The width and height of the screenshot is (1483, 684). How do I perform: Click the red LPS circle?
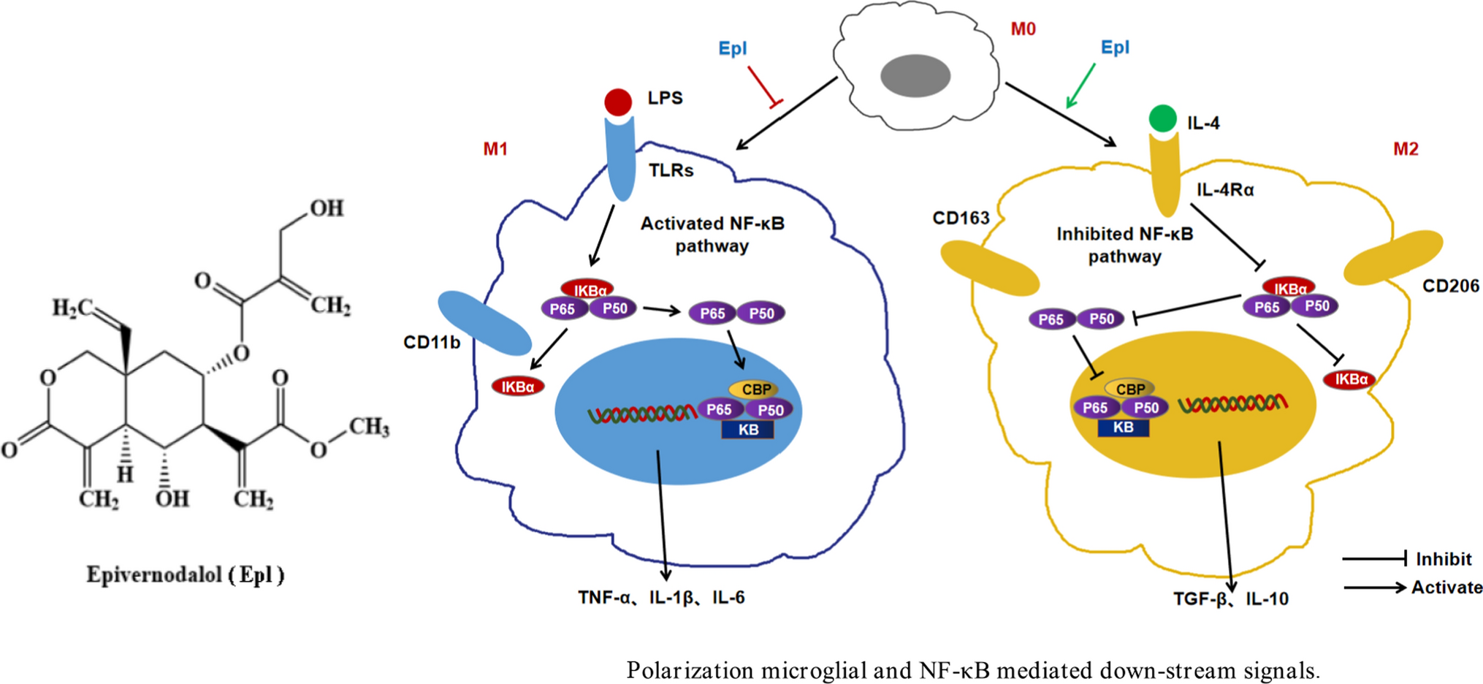tap(618, 102)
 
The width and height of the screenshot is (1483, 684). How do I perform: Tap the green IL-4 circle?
tap(1162, 118)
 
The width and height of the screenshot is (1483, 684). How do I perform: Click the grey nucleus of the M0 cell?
tap(915, 76)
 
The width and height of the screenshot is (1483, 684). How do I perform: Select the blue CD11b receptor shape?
tap(484, 323)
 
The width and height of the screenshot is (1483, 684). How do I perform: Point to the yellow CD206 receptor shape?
tap(1393, 257)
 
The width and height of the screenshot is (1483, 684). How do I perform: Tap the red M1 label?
tap(495, 149)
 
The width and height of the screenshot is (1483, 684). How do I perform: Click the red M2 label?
tap(1406, 149)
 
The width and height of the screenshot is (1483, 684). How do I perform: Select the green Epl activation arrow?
tap(1080, 86)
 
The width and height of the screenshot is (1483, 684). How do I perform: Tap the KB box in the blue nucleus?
tap(747, 430)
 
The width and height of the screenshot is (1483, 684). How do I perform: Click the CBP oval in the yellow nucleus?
tap(1129, 389)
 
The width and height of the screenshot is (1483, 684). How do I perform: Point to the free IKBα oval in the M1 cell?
tap(518, 387)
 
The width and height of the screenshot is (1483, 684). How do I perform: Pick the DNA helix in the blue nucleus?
tap(641, 414)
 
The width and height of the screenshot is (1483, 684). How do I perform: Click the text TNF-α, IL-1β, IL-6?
tap(661, 598)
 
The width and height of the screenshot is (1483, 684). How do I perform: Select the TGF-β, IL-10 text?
tap(1230, 599)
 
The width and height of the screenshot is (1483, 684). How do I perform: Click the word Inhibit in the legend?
tap(1443, 559)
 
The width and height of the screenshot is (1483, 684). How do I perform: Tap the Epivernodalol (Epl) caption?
tap(186, 575)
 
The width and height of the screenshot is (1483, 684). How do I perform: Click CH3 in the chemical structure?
tap(368, 427)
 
